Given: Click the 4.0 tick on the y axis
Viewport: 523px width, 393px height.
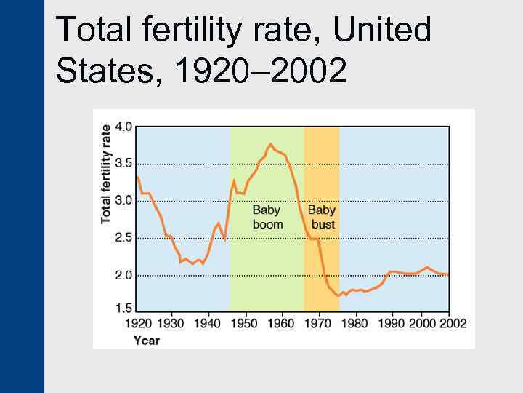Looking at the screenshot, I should click(x=124, y=126).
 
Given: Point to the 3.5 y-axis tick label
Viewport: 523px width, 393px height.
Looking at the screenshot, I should click(x=124, y=163).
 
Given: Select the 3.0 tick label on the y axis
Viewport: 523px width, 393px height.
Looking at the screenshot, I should click(x=124, y=200).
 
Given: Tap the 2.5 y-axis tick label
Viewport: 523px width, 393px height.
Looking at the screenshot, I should click(x=124, y=238).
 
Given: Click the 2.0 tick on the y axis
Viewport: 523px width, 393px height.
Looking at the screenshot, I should click(x=124, y=276).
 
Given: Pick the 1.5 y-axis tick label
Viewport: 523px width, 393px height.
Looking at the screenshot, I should click(x=124, y=308).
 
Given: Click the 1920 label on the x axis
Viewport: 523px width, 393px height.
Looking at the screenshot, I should click(x=139, y=323).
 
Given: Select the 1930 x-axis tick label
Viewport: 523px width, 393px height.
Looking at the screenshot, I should click(x=171, y=323).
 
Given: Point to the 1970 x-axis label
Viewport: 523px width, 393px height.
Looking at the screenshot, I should click(x=319, y=323).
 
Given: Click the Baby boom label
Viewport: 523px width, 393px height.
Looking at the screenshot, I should click(x=267, y=217).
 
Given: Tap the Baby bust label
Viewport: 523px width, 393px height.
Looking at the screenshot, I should click(x=322, y=217).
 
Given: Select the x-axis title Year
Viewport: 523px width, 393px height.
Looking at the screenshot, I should click(x=147, y=340).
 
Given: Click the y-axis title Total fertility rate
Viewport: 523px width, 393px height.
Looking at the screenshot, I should click(x=106, y=173).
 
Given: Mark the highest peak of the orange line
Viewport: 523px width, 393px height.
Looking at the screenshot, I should click(x=271, y=144).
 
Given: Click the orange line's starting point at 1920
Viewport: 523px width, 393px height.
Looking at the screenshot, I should click(x=138, y=177).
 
